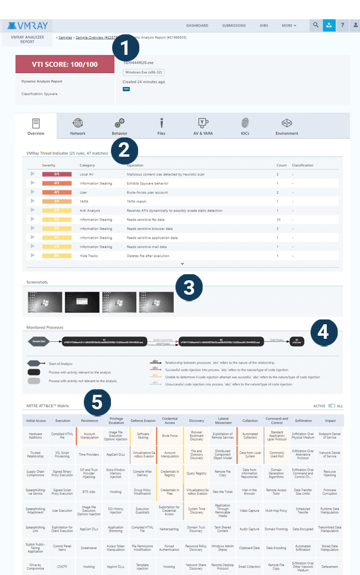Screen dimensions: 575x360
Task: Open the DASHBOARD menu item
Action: click(197, 26)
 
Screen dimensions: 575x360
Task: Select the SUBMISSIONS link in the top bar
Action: click(234, 26)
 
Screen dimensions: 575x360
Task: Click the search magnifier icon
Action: click(315, 25)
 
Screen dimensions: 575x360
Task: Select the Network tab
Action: click(78, 126)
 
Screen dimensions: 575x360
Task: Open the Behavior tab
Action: click(119, 126)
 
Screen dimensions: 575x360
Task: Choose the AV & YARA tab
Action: click(203, 126)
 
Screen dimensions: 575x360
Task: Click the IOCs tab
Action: click(245, 126)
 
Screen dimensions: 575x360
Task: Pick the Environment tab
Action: click(286, 126)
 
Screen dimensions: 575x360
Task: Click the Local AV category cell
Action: click(87, 174)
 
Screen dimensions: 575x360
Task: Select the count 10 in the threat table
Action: click(278, 219)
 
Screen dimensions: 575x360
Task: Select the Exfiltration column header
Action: click(304, 420)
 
